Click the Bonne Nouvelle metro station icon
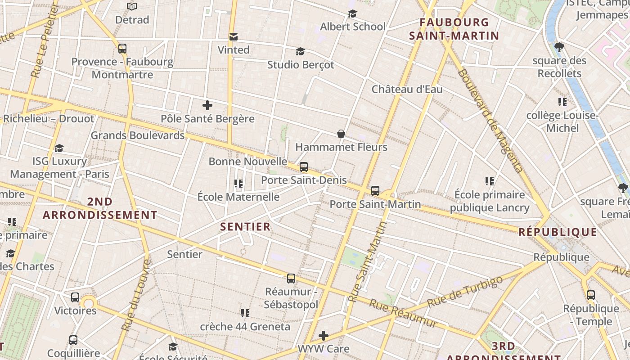(x=304, y=167)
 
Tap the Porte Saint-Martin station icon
(x=375, y=191)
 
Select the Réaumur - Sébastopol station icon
(x=291, y=279)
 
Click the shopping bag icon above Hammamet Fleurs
(x=341, y=134)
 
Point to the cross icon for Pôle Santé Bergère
(x=207, y=106)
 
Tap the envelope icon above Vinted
(x=234, y=37)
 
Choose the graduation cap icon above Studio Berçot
(x=300, y=52)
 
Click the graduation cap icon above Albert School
(x=352, y=14)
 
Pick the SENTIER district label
(x=246, y=227)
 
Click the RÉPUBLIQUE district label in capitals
(x=558, y=232)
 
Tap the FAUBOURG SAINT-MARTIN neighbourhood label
(x=454, y=29)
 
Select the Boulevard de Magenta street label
(x=491, y=121)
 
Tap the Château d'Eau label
(x=407, y=89)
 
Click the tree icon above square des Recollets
(x=559, y=47)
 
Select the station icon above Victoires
(x=75, y=297)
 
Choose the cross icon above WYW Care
(x=324, y=336)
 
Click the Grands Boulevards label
(x=138, y=135)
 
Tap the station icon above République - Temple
(x=591, y=296)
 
